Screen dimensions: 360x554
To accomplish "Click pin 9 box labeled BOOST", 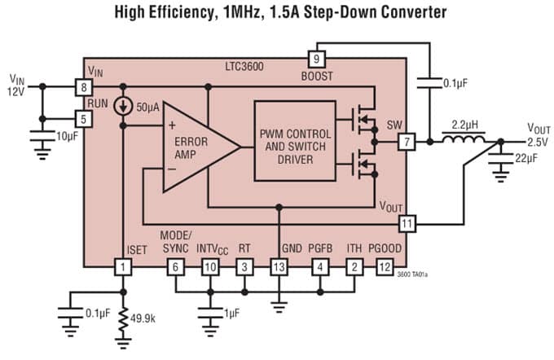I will [316, 59].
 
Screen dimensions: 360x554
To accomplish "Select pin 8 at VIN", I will [83, 86].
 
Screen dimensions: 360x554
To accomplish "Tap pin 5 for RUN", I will [83, 118].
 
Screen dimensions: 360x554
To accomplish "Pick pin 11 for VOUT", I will [405, 222].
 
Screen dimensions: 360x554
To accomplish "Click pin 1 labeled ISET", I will [124, 266].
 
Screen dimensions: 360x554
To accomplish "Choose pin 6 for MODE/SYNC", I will [174, 266].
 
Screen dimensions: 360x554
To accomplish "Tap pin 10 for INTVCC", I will [210, 266].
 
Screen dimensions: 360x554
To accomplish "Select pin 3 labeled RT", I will [244, 266].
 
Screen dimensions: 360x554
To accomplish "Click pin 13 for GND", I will [279, 266].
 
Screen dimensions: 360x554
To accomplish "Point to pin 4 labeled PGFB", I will [320, 266].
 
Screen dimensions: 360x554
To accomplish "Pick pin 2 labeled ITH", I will [354, 266].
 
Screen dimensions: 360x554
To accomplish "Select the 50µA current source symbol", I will [124, 107].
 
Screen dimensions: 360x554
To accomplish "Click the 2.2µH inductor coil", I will [461, 140].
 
